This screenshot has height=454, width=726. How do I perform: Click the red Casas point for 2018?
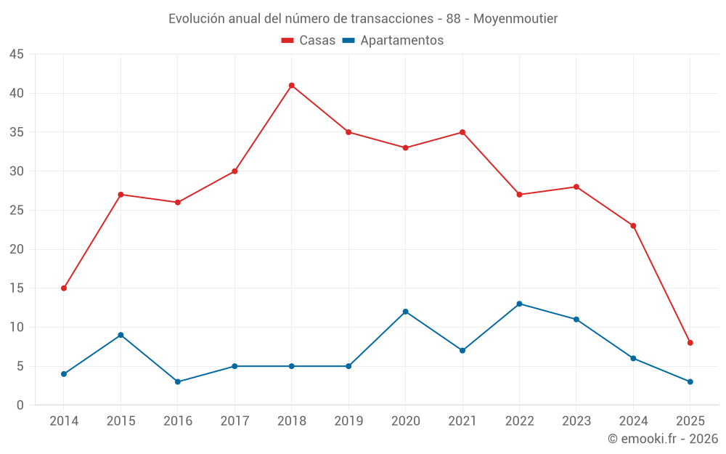[x=291, y=86]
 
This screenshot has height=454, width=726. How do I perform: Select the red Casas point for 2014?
[x=64, y=288]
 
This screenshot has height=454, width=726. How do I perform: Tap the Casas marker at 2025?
[x=690, y=343]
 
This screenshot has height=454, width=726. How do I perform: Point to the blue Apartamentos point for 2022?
[x=519, y=304]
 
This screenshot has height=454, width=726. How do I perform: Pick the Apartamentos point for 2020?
[x=405, y=312]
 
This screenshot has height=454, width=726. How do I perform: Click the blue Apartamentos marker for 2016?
[x=178, y=382]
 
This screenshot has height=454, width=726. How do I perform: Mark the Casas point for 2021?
[x=462, y=132]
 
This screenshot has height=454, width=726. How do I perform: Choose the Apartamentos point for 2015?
[x=121, y=335]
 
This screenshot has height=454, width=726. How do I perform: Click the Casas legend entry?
[x=309, y=41]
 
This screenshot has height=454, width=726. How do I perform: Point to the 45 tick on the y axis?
[x=17, y=54]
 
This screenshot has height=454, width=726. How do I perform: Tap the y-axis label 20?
[x=17, y=249]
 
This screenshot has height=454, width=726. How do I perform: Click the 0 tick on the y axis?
[x=20, y=405]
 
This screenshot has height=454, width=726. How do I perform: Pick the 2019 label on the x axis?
[x=348, y=421]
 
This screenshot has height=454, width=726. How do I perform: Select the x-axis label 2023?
[x=576, y=421]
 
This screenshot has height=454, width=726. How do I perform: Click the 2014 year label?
[x=64, y=421]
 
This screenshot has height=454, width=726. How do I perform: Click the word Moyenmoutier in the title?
[x=515, y=18]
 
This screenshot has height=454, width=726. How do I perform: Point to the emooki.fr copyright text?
[x=663, y=439]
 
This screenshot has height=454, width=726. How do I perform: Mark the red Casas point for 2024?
[x=633, y=226]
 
